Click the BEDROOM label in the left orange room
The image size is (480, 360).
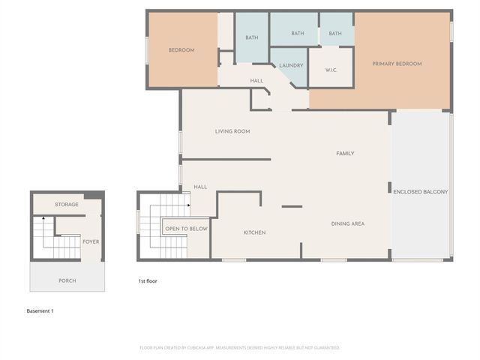181,50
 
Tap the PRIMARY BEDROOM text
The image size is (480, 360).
397,64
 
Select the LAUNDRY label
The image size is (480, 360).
291,66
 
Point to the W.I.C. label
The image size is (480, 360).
331,71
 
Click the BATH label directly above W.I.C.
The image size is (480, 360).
335,34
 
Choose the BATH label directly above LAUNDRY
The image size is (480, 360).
298,34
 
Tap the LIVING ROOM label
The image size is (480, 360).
232,131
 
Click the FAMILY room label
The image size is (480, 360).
345,153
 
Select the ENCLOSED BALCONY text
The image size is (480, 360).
421,192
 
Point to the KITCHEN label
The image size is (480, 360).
254,232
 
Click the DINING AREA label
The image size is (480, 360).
348,223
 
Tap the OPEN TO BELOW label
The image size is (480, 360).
187,229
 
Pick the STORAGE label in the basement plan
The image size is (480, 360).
67,204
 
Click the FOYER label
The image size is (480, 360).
91,241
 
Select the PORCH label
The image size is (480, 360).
67,280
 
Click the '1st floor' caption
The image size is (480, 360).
147,281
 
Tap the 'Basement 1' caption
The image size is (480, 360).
40,310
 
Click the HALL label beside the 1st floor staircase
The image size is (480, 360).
200,187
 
